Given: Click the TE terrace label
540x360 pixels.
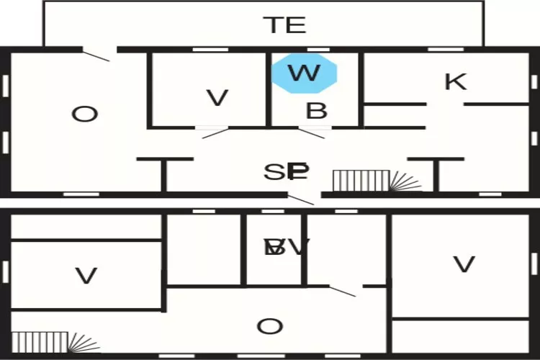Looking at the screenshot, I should pyautogui.click(x=286, y=25).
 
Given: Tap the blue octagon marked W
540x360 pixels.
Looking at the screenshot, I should pyautogui.click(x=305, y=73).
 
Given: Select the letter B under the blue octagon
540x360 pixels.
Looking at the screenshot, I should pyautogui.click(x=317, y=111).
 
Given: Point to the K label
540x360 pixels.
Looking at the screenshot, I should pyautogui.click(x=455, y=81).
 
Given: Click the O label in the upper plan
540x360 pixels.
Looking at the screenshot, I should pyautogui.click(x=84, y=114).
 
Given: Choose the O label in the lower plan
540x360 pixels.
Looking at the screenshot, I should pyautogui.click(x=270, y=327).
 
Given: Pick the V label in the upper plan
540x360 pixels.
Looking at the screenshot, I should pyautogui.click(x=217, y=98).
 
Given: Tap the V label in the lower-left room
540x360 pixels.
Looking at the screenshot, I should pyautogui.click(x=86, y=276).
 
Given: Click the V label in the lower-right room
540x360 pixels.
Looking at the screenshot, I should pyautogui.click(x=464, y=264).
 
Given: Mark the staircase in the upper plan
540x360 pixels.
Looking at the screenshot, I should pyautogui.click(x=369, y=181).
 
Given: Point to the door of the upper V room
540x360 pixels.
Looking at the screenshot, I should pyautogui.click(x=215, y=132).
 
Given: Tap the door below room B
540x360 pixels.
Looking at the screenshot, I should pyautogui.click(x=312, y=132).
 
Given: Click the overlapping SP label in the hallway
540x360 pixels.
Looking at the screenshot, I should pyautogui.click(x=287, y=172).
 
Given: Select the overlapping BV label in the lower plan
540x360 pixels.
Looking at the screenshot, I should pyautogui.click(x=287, y=247).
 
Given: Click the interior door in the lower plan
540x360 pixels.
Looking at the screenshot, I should pyautogui.click(x=343, y=290).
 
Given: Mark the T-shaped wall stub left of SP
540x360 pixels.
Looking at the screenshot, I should pyautogui.click(x=165, y=173).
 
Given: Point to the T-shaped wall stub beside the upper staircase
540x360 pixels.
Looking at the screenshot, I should pyautogui.click(x=436, y=173).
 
